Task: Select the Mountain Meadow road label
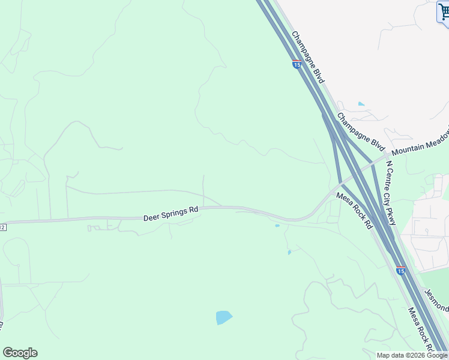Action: point(420,143)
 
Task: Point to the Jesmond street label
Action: point(436,300)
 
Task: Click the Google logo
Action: point(20,353)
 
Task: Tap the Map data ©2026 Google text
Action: point(412,355)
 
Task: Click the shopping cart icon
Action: point(444,12)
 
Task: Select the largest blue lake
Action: point(223,317)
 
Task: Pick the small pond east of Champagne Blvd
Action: point(361,104)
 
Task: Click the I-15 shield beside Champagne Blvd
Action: point(297,64)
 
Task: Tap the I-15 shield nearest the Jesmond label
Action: point(400,271)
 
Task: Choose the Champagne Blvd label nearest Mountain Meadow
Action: point(360,131)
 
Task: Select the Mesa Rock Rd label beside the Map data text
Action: point(421,329)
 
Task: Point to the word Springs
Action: point(175,212)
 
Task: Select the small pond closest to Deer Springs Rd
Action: point(277,226)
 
